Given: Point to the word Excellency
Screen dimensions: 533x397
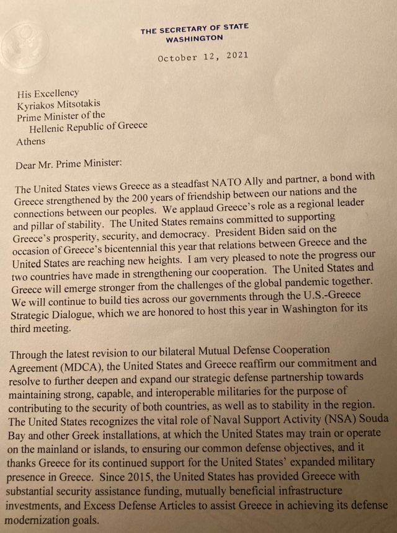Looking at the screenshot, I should click(x=55, y=93).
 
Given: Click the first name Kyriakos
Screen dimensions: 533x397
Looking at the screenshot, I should click(x=37, y=104).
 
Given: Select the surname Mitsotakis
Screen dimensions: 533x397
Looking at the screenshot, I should click(x=87, y=104).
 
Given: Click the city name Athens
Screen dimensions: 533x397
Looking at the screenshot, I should click(x=31, y=141).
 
